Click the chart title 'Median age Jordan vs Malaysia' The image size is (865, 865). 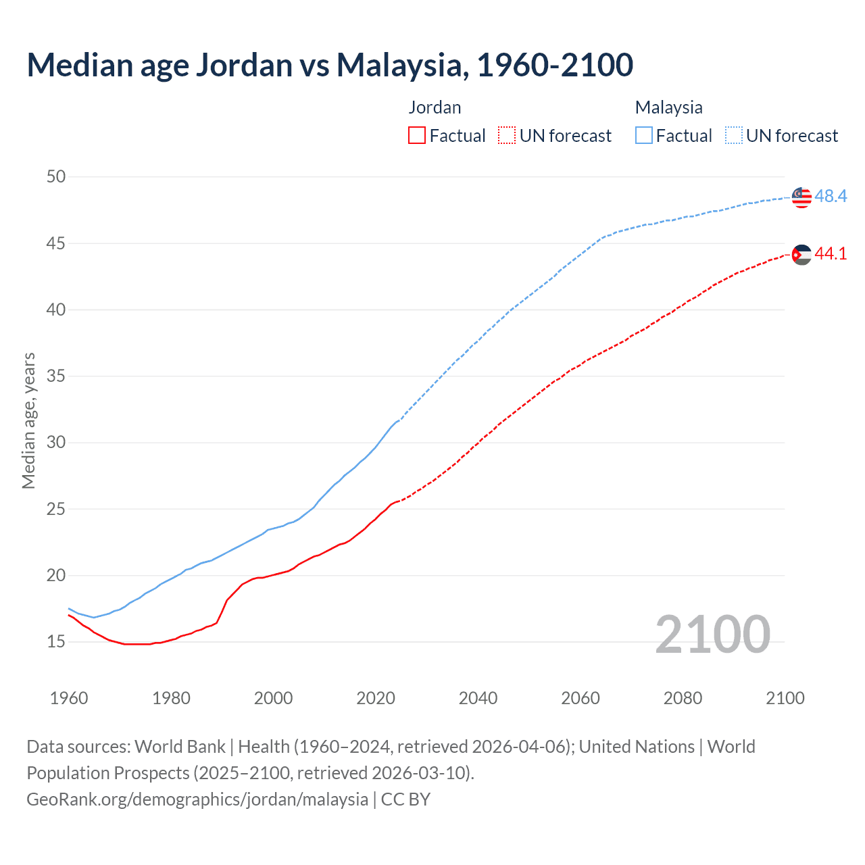pos(330,65)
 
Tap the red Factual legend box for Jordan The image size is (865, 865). pos(417,136)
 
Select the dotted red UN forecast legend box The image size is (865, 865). pos(507,136)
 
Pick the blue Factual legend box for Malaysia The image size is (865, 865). pos(644,136)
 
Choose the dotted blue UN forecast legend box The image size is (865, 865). pos(733,136)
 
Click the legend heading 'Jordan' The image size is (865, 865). pos(435,107)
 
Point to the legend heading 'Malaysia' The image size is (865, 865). pos(668,107)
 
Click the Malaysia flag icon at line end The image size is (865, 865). pos(801,197)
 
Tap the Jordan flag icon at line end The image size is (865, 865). pos(801,254)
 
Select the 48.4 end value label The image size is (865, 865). pos(831,196)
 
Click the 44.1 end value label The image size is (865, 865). pos(831,253)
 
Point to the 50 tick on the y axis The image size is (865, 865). pos(56,176)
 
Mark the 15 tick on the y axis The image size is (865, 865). pos(56,641)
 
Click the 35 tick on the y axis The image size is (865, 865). pos(56,376)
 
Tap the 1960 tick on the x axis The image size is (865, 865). pos(69,698)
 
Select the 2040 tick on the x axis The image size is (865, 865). pos(478,698)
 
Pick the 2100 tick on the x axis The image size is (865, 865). pos(785,698)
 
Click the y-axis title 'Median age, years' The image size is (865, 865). pos(28,420)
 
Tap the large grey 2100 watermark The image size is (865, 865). pos(712,634)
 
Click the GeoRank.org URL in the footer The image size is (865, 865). pos(197,799)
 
